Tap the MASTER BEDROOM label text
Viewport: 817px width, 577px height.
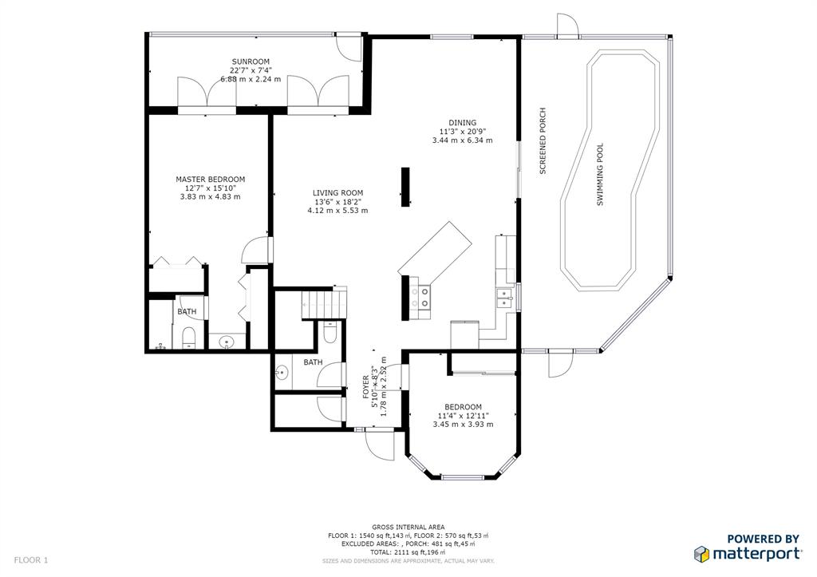(x=210, y=180)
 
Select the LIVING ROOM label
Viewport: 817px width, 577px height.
(x=337, y=193)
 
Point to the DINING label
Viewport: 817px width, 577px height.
(x=462, y=123)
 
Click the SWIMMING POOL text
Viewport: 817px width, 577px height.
(x=600, y=175)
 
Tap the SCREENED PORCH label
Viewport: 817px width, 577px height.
(x=543, y=140)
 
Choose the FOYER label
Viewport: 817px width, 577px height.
(x=365, y=387)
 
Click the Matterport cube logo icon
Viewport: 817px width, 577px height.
(x=701, y=554)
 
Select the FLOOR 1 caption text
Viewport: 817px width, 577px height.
(x=31, y=560)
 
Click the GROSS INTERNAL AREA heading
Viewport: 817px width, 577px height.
(x=408, y=528)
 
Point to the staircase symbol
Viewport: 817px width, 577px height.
(x=324, y=305)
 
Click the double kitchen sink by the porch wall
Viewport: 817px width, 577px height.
(x=504, y=298)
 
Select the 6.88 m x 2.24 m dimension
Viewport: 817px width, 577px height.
(x=251, y=79)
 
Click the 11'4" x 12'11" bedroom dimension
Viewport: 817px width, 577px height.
(x=464, y=416)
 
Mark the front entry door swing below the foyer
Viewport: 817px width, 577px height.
(x=380, y=445)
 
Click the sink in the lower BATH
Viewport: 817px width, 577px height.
(x=282, y=373)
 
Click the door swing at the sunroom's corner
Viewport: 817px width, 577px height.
(x=348, y=47)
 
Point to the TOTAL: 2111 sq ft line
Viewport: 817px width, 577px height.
(x=408, y=552)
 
